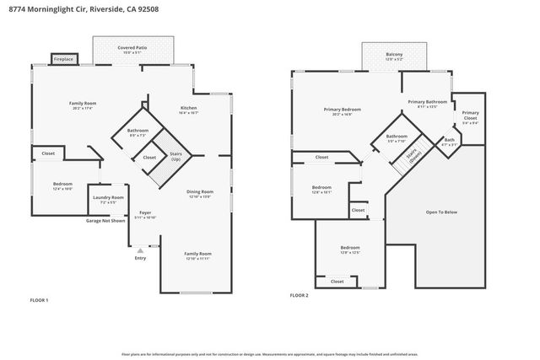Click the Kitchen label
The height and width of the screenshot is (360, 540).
click(x=189, y=109)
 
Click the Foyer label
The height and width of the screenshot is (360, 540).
click(x=145, y=214)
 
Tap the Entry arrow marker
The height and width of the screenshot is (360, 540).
click(x=140, y=250)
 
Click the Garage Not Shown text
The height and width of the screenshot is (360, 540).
click(x=105, y=221)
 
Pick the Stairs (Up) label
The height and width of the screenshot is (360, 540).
click(x=175, y=157)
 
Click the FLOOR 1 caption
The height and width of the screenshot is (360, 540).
click(x=40, y=300)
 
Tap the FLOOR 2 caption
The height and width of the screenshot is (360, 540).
click(x=300, y=296)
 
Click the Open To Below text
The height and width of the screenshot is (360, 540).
click(x=440, y=212)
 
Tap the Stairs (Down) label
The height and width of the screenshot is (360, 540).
click(x=413, y=155)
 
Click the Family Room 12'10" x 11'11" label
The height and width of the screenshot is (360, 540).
click(x=198, y=255)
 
